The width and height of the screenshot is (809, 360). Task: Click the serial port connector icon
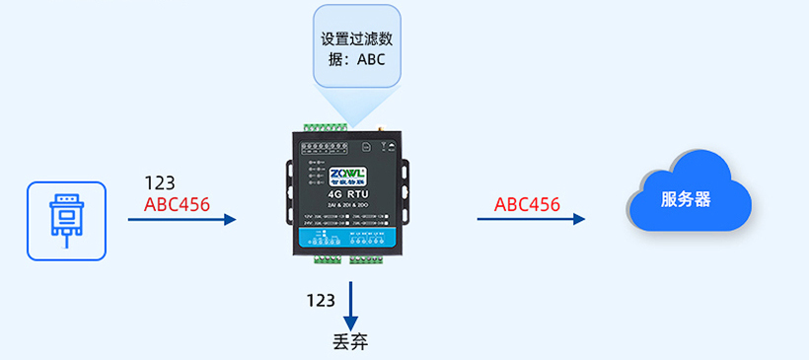tap(66, 220)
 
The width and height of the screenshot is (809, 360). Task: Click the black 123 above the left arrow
tap(160, 183)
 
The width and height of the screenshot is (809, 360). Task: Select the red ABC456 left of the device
tap(177, 205)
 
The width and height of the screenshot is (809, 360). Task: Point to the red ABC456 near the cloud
tap(527, 205)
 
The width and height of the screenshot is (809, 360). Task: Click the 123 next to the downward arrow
tap(321, 301)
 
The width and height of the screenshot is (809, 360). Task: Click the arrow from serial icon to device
tap(183, 220)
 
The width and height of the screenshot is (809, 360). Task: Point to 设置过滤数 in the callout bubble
tap(356, 39)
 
